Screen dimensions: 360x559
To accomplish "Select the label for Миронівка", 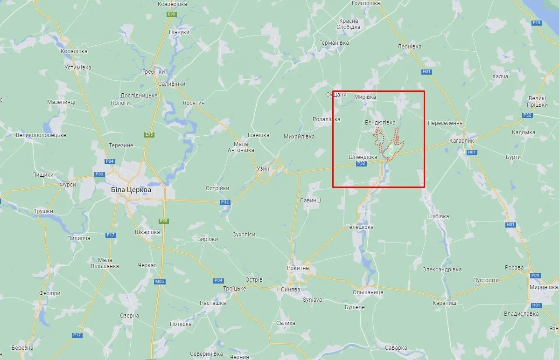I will [x=544, y=287].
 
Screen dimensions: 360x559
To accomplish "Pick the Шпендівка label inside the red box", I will [x=363, y=157].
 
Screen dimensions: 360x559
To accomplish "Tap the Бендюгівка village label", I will [x=380, y=123].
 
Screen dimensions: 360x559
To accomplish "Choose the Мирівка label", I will [x=365, y=97].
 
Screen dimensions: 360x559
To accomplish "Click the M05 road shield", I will [x=159, y=282].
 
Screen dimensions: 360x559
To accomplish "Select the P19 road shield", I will [x=537, y=22].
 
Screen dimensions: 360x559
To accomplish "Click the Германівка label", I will [x=334, y=43].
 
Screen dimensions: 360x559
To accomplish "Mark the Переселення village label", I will [x=445, y=123].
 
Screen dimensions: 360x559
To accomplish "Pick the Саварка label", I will [x=396, y=348].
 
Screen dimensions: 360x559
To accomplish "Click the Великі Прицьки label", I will [x=538, y=102].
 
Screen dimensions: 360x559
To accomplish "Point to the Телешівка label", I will [x=360, y=227].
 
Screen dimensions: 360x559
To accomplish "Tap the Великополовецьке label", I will [x=41, y=135].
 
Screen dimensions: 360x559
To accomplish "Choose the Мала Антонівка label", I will [x=241, y=147].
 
